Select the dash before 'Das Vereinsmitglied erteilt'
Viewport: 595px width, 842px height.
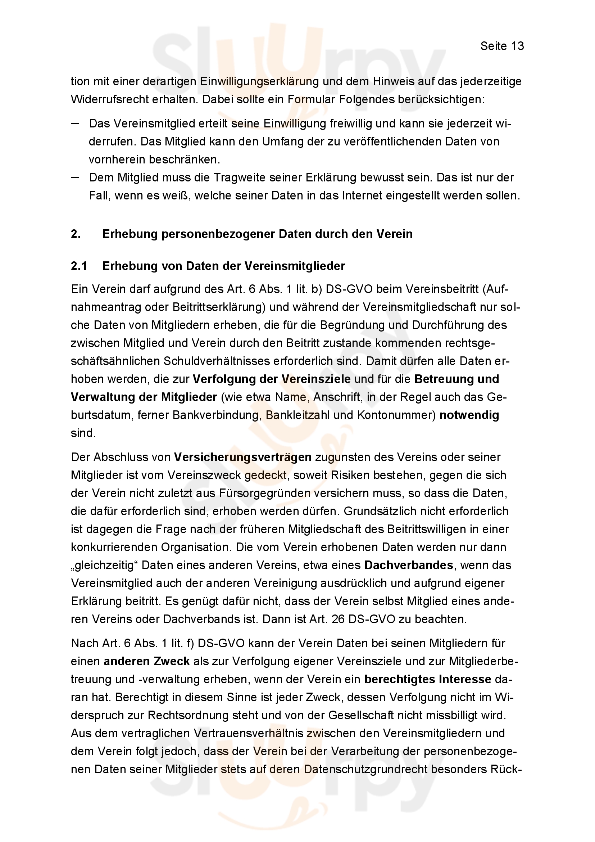tap(75, 123)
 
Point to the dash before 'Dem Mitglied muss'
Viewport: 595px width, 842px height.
tap(75, 177)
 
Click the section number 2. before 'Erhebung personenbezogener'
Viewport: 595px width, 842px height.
tap(76, 234)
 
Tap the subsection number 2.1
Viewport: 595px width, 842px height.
tap(79, 266)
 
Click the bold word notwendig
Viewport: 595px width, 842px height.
tap(469, 415)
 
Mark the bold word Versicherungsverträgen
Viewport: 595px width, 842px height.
tap(242, 457)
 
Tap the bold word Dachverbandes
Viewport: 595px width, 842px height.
tap(409, 565)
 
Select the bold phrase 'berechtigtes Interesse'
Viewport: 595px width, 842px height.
tap(428, 679)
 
